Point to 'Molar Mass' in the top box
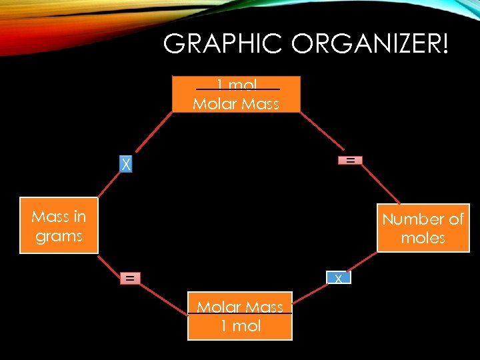pyautogui.click(x=236, y=104)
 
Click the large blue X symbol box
pyautogui.click(x=125, y=164)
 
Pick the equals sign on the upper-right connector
pyautogui.click(x=349, y=160)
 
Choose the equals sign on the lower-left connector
pyautogui.click(x=130, y=278)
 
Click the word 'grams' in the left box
pyautogui.click(x=59, y=237)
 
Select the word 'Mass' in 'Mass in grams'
pyautogui.click(x=49, y=217)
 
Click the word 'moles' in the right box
pyautogui.click(x=423, y=239)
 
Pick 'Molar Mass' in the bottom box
pyautogui.click(x=240, y=307)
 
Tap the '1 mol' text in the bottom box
pyautogui.click(x=240, y=326)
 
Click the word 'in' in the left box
pyautogui.click(x=79, y=217)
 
